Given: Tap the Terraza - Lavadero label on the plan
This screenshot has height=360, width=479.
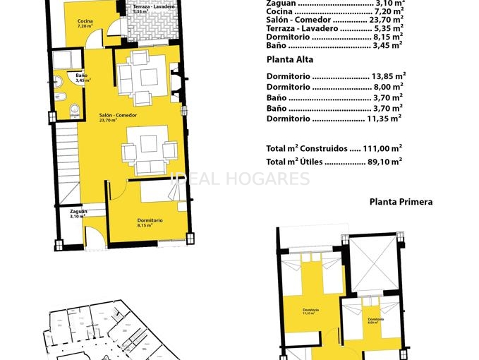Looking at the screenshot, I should pos(151,8).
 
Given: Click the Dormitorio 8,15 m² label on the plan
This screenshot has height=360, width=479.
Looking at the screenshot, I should pos(150,222).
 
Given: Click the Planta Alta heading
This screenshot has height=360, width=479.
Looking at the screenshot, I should pos(290,60).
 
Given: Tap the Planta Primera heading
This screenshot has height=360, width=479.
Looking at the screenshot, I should pos(401,202).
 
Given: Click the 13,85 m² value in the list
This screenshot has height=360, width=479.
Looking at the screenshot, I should pos(388,76).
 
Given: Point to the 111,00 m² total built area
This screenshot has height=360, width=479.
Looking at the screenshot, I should pos(385,148).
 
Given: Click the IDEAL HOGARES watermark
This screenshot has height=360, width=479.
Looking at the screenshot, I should pos(240,179).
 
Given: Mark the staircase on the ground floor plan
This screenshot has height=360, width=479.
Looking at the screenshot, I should pos(68,162).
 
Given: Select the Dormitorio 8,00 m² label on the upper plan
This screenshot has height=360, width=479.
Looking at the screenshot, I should pos(375,320).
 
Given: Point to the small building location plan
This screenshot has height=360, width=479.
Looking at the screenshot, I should pos(99,332).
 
